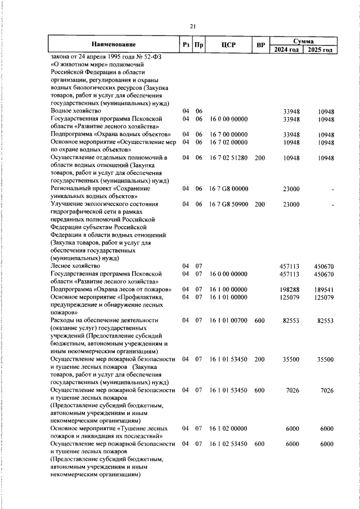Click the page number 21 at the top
click(192, 26)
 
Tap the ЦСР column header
click(228, 44)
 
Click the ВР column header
click(260, 44)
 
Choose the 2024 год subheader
click(286, 49)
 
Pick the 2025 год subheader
click(320, 49)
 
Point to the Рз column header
click(185, 44)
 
